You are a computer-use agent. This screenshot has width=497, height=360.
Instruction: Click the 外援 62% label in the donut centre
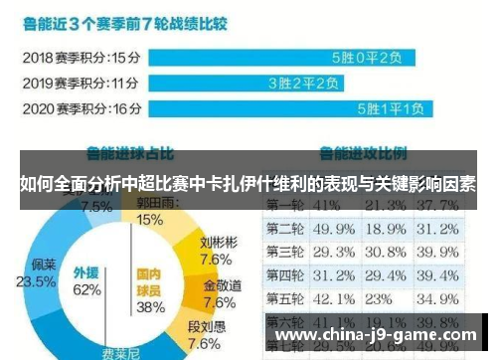[87, 280]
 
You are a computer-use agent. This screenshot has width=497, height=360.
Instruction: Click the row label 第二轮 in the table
[285, 229]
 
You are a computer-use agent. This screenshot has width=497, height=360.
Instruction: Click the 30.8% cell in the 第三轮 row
[386, 252]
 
